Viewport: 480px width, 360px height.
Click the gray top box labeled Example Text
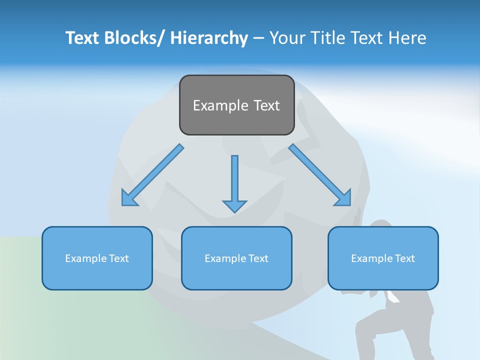tap(236, 105)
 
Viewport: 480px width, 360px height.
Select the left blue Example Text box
tap(97, 258)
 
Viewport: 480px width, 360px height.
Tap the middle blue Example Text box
tap(236, 258)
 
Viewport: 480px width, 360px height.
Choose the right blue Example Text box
tap(383, 258)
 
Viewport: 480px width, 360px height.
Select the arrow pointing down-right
tap(320, 175)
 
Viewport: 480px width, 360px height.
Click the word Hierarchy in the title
tap(209, 38)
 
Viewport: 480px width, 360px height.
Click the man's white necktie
tap(392, 296)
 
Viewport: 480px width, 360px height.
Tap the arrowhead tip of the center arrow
tap(234, 210)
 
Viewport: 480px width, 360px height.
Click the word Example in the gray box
tap(217, 105)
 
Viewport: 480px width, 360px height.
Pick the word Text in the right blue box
tap(404, 258)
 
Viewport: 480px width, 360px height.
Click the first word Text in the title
tap(82, 38)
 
